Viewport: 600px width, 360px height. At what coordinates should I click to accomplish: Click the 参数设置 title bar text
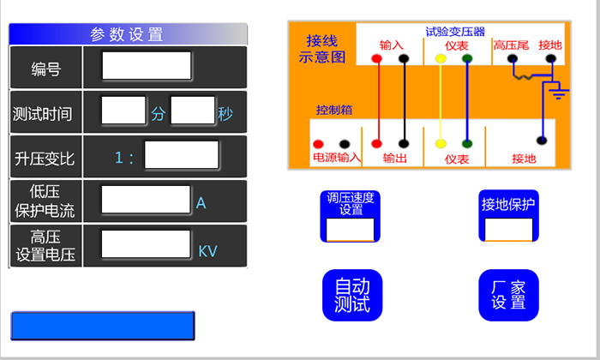coord(127,34)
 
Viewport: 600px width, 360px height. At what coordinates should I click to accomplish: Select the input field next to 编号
coord(147,66)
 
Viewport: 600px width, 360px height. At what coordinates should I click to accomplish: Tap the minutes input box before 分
coord(123,111)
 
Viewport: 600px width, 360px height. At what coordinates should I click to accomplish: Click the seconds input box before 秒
coord(193,111)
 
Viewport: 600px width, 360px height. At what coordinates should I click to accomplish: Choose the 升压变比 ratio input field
coord(182,156)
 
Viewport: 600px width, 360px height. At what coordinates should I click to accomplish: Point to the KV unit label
coord(208,251)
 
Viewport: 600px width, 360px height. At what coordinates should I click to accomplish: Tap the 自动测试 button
coord(351,295)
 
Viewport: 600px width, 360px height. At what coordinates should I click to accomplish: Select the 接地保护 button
coord(508,216)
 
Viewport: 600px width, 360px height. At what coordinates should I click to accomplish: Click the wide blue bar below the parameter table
coord(103,327)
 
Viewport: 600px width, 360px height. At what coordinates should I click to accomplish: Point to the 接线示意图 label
coord(322,49)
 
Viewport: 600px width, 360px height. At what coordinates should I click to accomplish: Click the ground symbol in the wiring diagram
coord(559,89)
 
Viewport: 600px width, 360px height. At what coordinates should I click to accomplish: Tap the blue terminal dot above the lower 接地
coord(540,140)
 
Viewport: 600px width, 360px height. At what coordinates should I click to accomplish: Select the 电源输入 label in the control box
coord(337,159)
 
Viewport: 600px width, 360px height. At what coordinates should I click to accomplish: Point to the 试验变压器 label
coord(455,32)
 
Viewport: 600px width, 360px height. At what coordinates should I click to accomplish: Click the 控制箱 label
coord(335,111)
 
